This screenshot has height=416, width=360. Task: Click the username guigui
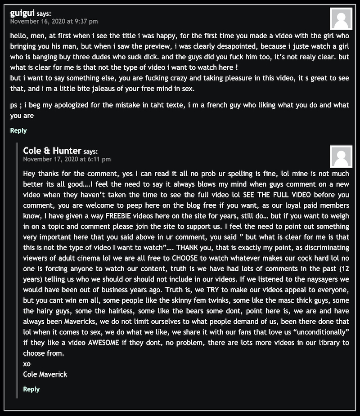tap(22, 13)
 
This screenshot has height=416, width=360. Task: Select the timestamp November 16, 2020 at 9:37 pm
tap(54, 21)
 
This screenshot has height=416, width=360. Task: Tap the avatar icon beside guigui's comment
tap(341, 19)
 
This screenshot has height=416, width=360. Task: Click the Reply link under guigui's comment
tap(18, 130)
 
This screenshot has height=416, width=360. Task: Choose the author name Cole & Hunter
tap(52, 151)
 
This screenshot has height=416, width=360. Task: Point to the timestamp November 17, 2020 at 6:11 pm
tap(67, 159)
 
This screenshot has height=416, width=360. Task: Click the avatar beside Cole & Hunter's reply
tap(341, 157)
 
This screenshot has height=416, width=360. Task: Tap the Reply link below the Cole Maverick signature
tap(31, 389)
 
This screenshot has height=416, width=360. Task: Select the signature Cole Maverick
tap(45, 374)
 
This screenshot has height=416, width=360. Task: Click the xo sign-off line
tap(27, 364)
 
